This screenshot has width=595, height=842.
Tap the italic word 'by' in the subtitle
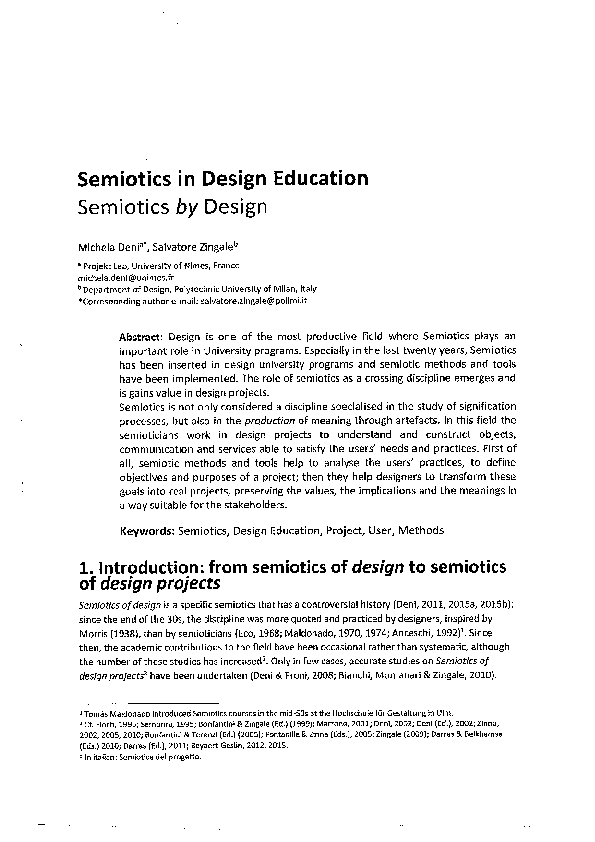click(180, 208)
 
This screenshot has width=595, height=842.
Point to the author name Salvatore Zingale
click(206, 246)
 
